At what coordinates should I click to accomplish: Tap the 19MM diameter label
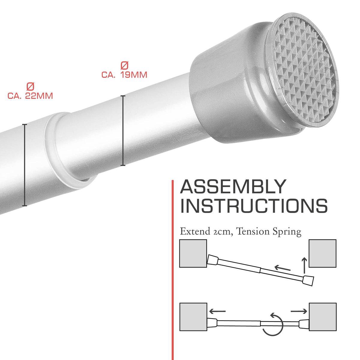click(124, 74)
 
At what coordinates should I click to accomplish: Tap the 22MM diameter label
click(30, 96)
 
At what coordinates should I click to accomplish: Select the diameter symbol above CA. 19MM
click(124, 66)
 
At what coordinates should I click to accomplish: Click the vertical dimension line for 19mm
click(123, 130)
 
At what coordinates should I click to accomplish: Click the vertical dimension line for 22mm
click(25, 165)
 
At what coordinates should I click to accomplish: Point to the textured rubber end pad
click(302, 72)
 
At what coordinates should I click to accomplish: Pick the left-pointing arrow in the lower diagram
click(217, 311)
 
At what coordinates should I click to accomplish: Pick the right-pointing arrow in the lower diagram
click(299, 311)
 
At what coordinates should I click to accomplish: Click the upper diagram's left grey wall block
click(193, 253)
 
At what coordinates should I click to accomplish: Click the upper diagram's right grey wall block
click(322, 253)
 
